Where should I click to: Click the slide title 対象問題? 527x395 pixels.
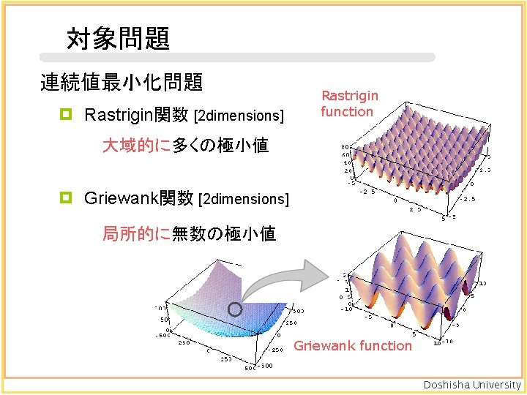(118, 38)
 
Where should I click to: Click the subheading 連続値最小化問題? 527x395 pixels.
(122, 83)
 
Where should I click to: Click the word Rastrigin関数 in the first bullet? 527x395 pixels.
(136, 115)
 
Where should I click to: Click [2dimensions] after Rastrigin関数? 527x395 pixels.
(239, 116)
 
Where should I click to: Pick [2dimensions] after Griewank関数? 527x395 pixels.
(244, 199)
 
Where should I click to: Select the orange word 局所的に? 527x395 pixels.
(136, 234)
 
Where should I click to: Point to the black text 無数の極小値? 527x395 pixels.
(223, 234)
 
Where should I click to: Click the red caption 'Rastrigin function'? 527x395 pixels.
(349, 103)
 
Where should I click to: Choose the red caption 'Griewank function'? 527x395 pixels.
(353, 346)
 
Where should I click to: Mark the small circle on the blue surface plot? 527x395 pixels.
(235, 309)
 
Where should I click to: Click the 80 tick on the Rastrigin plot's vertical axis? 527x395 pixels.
(345, 148)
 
